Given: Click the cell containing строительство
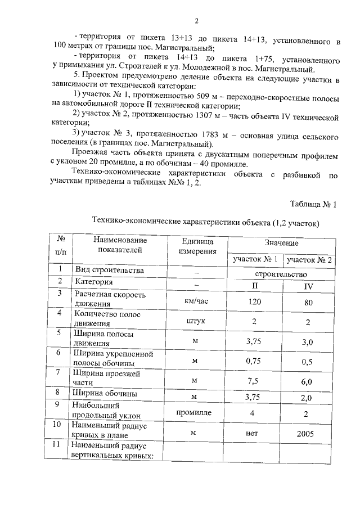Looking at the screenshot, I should tap(281, 275).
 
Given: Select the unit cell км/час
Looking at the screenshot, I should tap(196, 301).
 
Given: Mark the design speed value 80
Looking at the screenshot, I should tap(309, 301).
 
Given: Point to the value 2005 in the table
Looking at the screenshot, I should tap(309, 434).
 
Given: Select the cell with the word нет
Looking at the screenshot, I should tap(255, 434).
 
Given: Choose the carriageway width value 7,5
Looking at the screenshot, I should tap(255, 381).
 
